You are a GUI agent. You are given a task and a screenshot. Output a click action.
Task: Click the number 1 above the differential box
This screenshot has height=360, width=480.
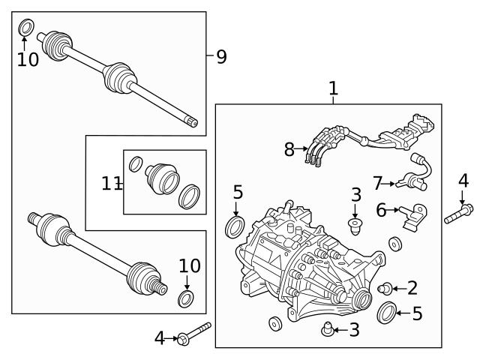click(333, 88)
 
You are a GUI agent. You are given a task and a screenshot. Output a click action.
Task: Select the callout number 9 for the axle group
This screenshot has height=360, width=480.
click(220, 57)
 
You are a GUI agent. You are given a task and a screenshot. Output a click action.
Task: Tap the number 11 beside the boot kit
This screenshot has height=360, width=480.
click(111, 182)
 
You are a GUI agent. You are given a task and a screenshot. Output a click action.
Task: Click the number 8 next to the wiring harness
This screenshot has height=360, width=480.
click(290, 149)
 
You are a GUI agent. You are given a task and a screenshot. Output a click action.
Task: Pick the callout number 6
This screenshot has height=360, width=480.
click(381, 211)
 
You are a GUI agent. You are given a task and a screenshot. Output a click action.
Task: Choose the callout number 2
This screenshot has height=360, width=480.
click(412, 287)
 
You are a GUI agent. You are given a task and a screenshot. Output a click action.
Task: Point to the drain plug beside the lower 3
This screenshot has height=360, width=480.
click(326, 327)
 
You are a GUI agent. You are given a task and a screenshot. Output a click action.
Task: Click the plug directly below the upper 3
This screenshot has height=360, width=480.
click(356, 223)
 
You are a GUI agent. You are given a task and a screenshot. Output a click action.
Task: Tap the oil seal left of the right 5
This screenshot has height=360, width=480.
click(388, 312)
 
